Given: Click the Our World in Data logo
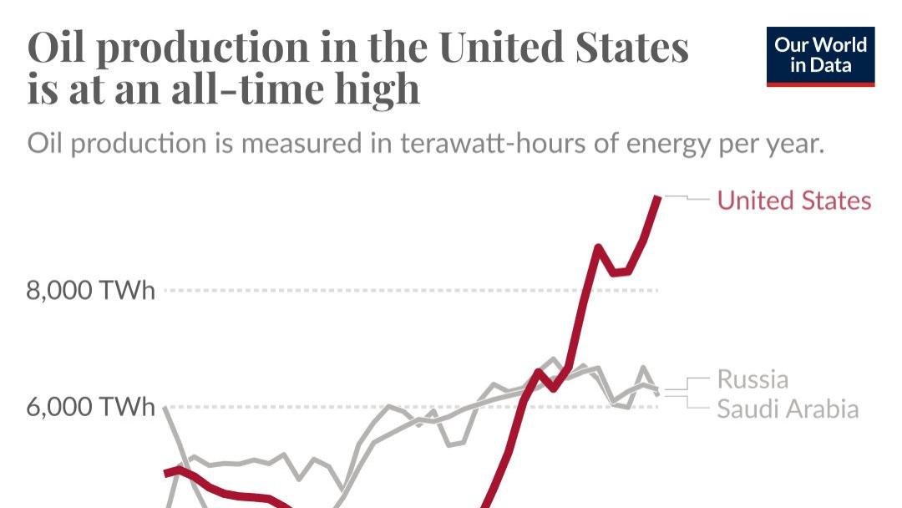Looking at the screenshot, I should (819, 55).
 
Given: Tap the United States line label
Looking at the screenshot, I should (794, 201).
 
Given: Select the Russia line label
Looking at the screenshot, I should (753, 379).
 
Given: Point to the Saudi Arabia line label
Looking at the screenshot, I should (788, 409).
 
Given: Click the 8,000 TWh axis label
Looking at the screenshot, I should (91, 291).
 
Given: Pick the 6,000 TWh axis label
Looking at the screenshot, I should (91, 407).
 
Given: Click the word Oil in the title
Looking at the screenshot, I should (56, 48).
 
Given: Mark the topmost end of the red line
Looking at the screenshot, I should (658, 197).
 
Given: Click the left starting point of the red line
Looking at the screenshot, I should (166, 474).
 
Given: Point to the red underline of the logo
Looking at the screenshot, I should (819, 84).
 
